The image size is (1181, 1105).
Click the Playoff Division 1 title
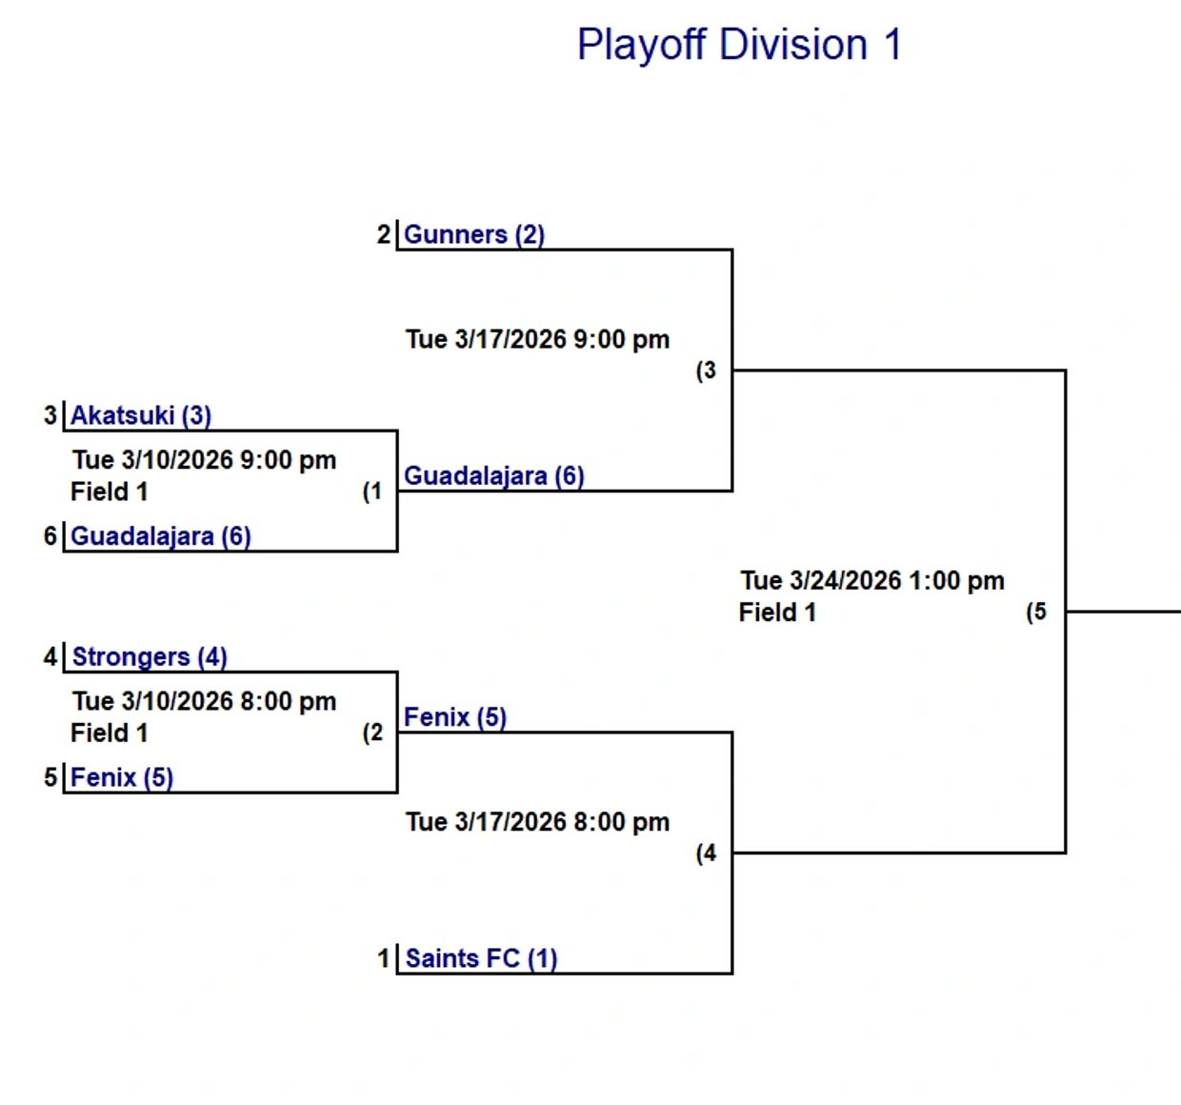click(739, 45)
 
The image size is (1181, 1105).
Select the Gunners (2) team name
click(473, 234)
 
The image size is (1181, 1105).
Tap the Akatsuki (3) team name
click(141, 415)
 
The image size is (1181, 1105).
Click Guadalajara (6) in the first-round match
click(160, 536)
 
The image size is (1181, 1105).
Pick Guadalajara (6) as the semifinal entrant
click(493, 475)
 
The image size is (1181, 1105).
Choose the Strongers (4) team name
click(149, 657)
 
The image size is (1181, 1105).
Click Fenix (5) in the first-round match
click(121, 777)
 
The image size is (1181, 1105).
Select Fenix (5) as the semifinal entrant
click(454, 717)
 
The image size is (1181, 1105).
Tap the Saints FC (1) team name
click(481, 958)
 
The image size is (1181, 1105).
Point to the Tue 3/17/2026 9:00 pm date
click(537, 339)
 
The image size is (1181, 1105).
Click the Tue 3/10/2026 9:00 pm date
click(204, 460)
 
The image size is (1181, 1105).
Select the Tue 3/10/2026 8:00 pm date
click(204, 702)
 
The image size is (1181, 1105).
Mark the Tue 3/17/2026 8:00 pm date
click(537, 822)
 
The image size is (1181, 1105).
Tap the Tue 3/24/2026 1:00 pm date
click(872, 581)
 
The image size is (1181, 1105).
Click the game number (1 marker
click(372, 492)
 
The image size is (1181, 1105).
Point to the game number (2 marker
click(372, 733)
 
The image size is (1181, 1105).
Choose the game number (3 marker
click(706, 371)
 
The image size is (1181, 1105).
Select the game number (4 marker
click(706, 854)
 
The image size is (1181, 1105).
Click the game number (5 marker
click(1036, 612)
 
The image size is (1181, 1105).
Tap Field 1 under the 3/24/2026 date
click(777, 613)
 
